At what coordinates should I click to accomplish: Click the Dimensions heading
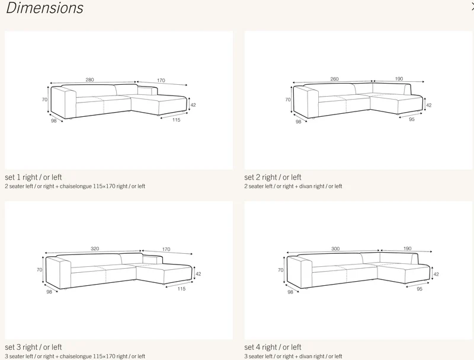[44, 8]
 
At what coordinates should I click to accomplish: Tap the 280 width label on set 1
[90, 80]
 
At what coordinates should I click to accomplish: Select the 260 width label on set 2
[334, 79]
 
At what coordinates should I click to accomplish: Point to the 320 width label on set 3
[95, 249]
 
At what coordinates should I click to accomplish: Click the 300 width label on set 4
[335, 249]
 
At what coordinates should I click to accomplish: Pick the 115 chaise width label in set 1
[176, 120]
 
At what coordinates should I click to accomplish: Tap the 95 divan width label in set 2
[412, 119]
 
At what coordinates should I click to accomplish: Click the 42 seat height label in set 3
[198, 274]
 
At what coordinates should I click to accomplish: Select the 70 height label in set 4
[280, 270]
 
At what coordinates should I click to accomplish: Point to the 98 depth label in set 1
[53, 121]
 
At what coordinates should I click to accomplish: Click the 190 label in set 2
[399, 79]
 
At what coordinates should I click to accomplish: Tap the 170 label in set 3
[166, 249]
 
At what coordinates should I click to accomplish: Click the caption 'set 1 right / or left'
[33, 177]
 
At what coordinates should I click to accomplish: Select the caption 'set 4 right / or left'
[273, 348]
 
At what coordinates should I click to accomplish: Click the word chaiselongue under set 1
[76, 186]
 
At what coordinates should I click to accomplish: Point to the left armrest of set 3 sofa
[58, 272]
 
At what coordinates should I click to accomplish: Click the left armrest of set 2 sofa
[306, 102]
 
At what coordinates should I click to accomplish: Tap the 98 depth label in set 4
[290, 292]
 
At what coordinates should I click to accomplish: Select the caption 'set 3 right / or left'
[33, 348]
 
